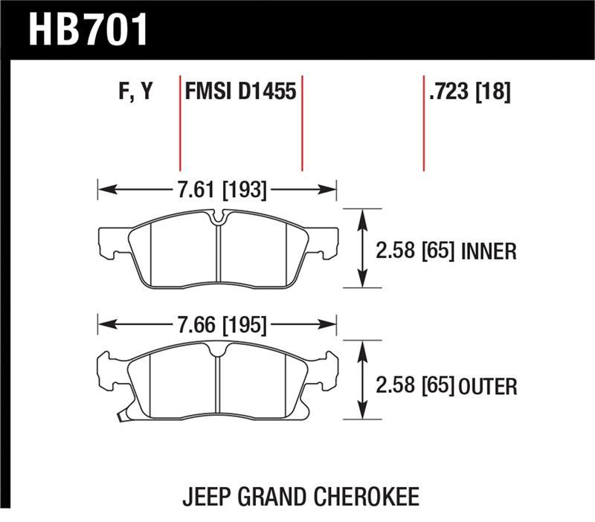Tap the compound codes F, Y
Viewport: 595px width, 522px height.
(135, 93)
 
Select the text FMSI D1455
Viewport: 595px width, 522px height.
(240, 93)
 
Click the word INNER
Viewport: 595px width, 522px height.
(489, 252)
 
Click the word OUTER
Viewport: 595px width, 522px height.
(488, 387)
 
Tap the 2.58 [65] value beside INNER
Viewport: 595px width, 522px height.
(415, 252)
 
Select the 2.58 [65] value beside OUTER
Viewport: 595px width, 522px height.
(415, 387)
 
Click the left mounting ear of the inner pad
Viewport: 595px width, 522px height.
(109, 241)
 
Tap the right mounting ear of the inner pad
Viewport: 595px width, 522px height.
(327, 241)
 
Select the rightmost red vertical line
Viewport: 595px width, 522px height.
(423, 123)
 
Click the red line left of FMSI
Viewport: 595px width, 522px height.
(180, 123)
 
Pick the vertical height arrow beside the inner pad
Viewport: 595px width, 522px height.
(362, 248)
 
